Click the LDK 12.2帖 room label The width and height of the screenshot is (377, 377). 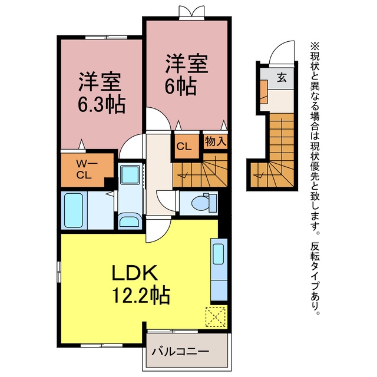tap(141, 284)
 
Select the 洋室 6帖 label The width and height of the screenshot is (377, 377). tap(187, 75)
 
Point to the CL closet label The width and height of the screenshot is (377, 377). tap(184, 147)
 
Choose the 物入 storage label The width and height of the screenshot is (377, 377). tap(216, 141)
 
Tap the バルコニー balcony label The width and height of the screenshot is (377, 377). tap(180, 352)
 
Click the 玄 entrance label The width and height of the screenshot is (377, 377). tap(282, 77)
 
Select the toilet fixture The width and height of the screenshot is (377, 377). tap(203, 203)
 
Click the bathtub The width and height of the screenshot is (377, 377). tap(74, 210)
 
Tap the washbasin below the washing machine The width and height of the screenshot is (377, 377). tap(130, 221)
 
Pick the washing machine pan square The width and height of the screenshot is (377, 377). tap(130, 175)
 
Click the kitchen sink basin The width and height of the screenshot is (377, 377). tap(219, 254)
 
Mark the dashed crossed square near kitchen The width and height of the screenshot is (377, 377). tap(216, 317)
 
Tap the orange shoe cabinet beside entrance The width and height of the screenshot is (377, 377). tap(264, 92)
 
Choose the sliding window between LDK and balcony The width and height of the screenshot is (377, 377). tap(173, 331)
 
